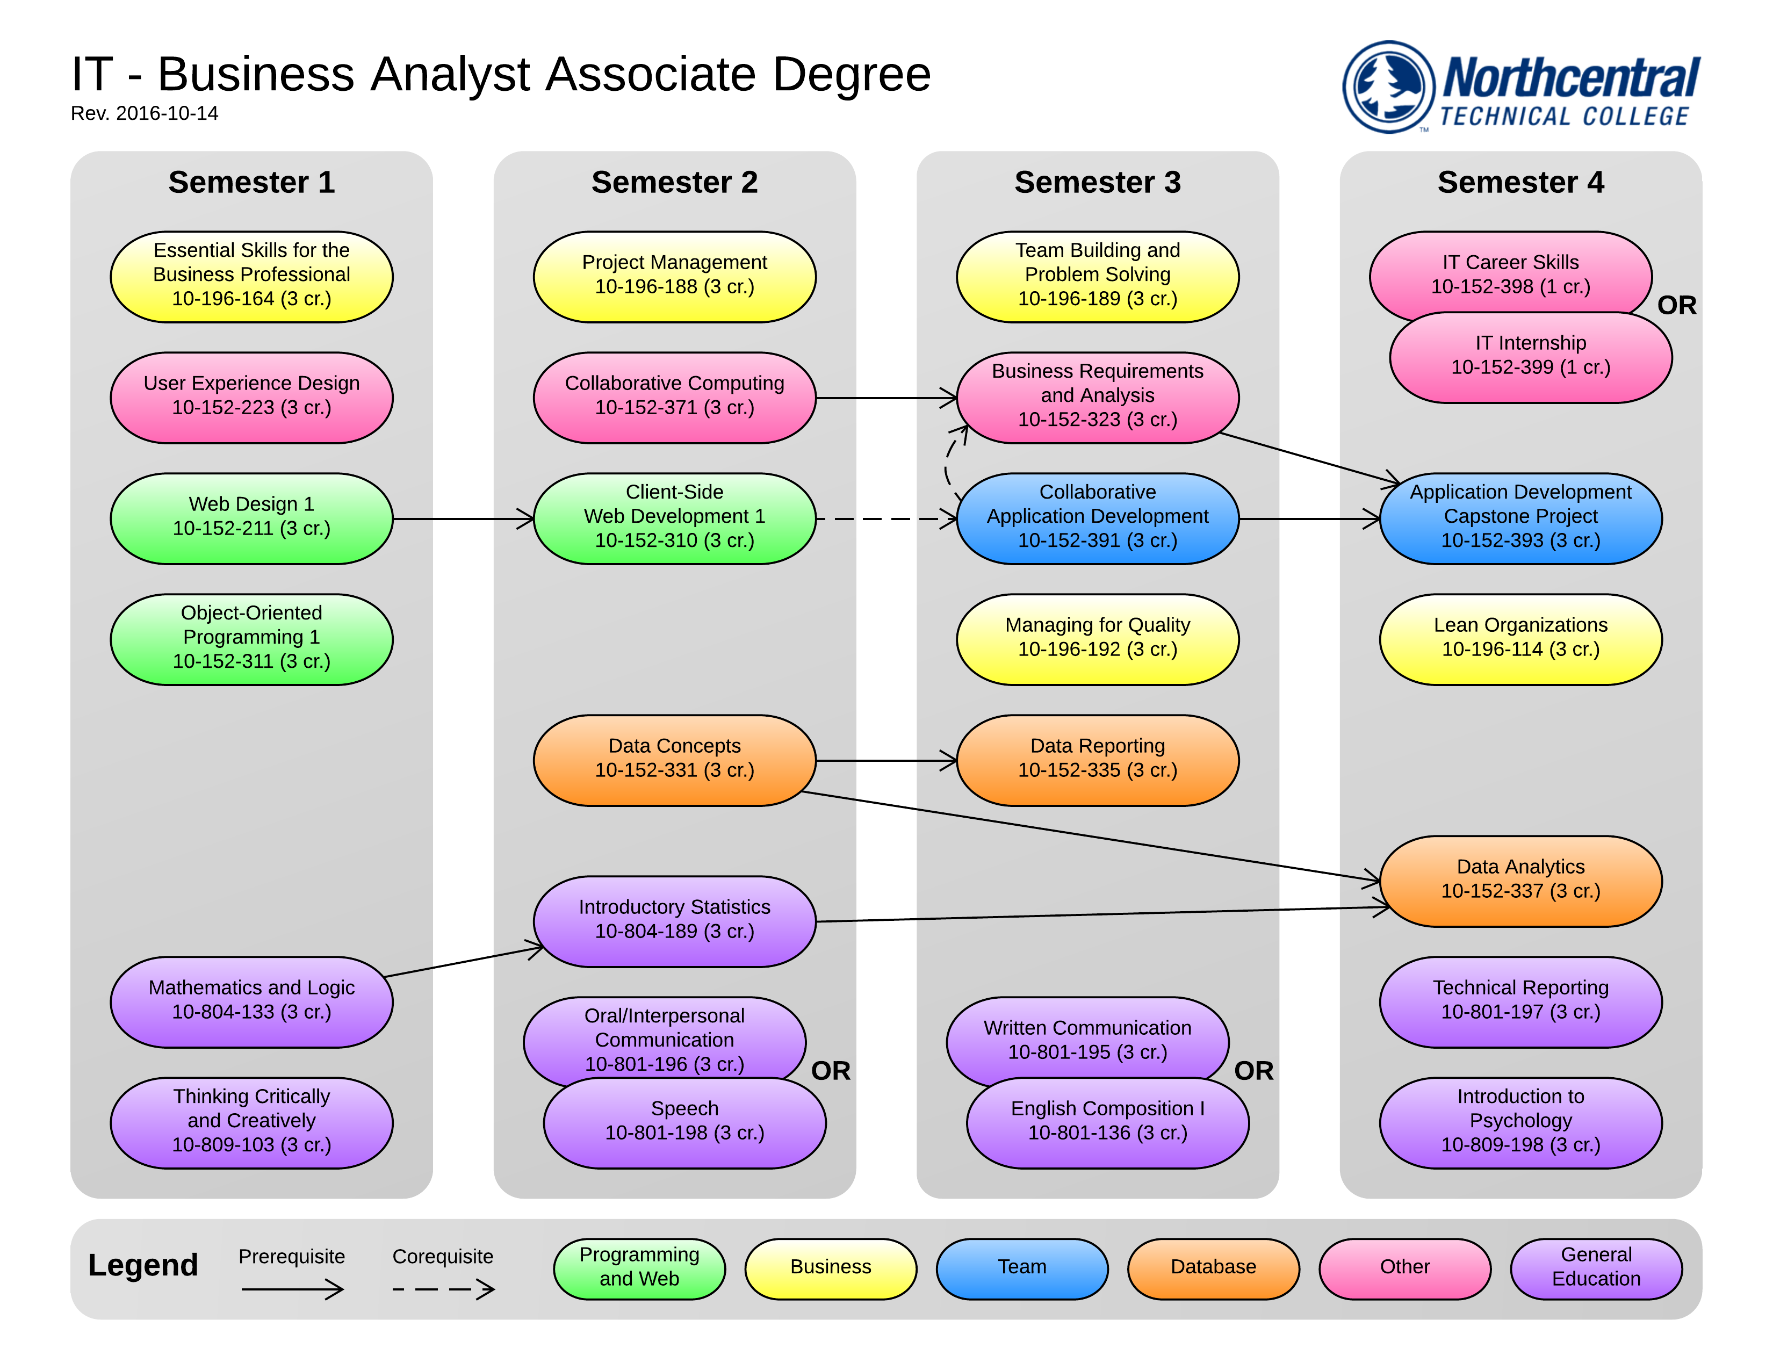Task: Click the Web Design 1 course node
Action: pos(251,518)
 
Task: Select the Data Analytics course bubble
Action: pos(1520,881)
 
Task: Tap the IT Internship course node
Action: pos(1530,358)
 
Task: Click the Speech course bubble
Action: pos(684,1122)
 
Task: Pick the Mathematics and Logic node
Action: pos(251,1001)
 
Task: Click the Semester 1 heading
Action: pos(251,182)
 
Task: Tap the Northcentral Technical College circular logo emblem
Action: pos(1389,87)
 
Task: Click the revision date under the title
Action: pos(145,113)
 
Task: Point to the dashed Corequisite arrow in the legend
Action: pos(443,1289)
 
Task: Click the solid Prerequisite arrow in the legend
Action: pos(292,1289)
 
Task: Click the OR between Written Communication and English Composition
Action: pos(1253,1071)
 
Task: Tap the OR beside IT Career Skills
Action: pos(1676,305)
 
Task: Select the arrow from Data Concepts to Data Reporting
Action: pos(885,760)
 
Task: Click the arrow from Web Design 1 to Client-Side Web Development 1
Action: pos(463,518)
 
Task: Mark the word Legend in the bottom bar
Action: pos(143,1265)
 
